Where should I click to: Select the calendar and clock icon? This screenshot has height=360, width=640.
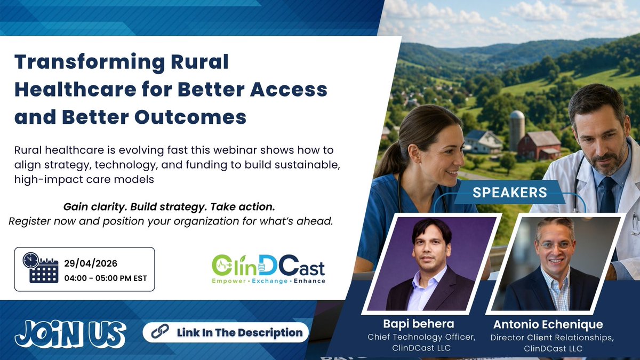coord(40,268)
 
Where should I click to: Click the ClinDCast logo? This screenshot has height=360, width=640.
coord(268,268)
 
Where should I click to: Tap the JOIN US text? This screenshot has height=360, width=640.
coord(70,334)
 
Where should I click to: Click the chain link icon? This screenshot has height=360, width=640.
coord(160,332)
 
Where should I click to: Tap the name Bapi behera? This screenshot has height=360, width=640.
coord(418,324)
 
